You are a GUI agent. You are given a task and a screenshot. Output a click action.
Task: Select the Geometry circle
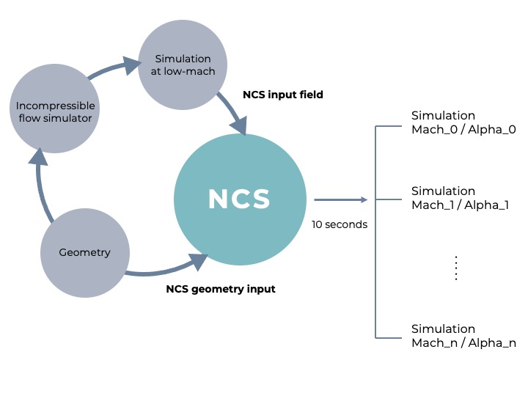click(x=85, y=253)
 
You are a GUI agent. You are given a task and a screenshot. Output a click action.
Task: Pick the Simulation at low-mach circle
click(x=182, y=65)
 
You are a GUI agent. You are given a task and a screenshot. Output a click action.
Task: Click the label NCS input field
click(x=283, y=95)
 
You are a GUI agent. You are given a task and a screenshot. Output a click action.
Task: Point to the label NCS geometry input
click(x=221, y=289)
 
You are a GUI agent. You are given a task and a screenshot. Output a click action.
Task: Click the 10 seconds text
click(x=340, y=224)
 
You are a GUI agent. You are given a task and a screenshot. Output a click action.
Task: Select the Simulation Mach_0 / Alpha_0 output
click(x=463, y=122)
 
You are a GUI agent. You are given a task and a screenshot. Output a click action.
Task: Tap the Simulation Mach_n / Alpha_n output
click(x=463, y=336)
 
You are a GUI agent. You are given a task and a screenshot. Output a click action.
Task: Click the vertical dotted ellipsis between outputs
click(x=455, y=268)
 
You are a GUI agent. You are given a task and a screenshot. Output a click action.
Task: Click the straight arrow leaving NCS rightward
click(x=340, y=199)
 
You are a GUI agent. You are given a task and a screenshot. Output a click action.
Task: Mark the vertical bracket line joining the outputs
click(x=375, y=232)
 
